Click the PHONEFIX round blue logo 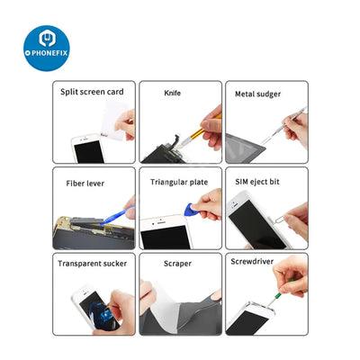pyautogui.click(x=47, y=49)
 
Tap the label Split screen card pyautogui.click(x=92, y=92)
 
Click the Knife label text pyautogui.click(x=173, y=93)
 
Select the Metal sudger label pyautogui.click(x=257, y=94)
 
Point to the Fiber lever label pyautogui.click(x=85, y=184)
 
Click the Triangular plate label pyautogui.click(x=179, y=182)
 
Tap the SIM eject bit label pyautogui.click(x=257, y=182)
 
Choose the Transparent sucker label pyautogui.click(x=92, y=264)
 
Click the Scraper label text pyautogui.click(x=177, y=264)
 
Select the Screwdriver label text pyautogui.click(x=252, y=262)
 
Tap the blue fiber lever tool pyautogui.click(x=117, y=215)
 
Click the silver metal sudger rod pyautogui.click(x=283, y=125)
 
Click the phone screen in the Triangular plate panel pyautogui.click(x=166, y=238)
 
